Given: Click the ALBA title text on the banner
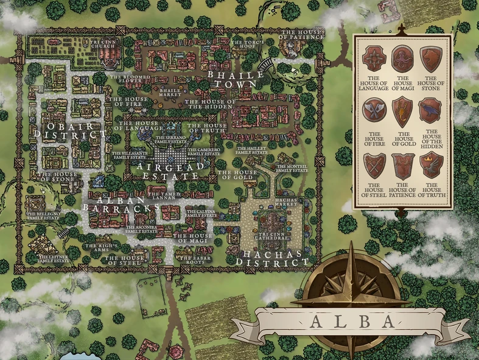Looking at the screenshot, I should click(x=349, y=322).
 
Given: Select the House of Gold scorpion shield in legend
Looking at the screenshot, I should click(x=402, y=111).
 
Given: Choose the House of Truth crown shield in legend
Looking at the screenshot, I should click(x=431, y=164).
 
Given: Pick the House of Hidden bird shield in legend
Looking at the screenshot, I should click(x=431, y=111).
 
